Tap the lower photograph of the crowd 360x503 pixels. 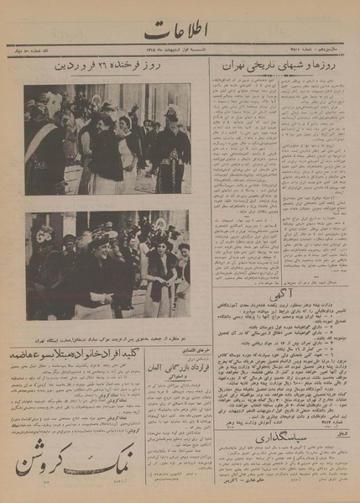point(107,264)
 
